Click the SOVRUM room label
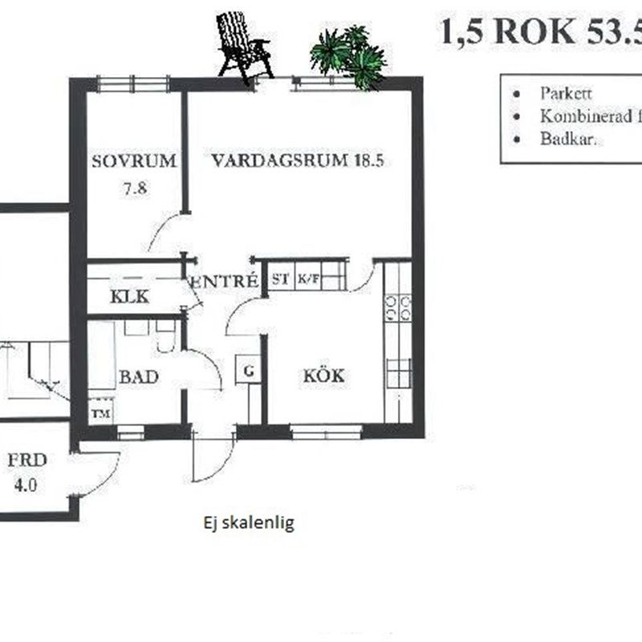tap(133, 160)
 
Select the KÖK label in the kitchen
tap(323, 376)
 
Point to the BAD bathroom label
tap(138, 376)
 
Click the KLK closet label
tap(129, 296)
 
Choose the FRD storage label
tap(27, 461)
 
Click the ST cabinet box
tap(280, 279)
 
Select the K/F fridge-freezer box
tap(307, 279)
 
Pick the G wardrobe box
tap(248, 371)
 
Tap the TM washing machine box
tap(101, 414)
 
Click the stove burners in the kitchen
tap(398, 308)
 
